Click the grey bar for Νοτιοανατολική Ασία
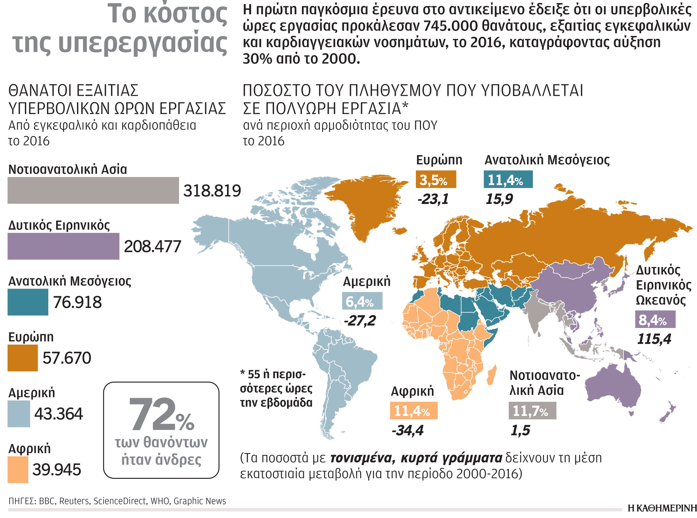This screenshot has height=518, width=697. [x=93, y=190]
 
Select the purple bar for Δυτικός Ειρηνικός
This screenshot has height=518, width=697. [x=63, y=246]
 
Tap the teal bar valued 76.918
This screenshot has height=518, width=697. [x=28, y=302]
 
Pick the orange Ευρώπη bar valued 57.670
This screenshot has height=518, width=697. [x=22, y=358]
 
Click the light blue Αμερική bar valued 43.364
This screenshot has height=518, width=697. [x=19, y=414]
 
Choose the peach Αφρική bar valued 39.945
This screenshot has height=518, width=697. [x=18, y=470]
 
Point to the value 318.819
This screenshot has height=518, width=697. [x=212, y=191]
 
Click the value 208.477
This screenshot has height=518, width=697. [x=152, y=247]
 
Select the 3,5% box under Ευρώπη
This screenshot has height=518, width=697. [x=436, y=179]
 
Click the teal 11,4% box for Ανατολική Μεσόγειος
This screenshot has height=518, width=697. [x=508, y=179]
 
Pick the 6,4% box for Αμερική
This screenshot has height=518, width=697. [x=362, y=301]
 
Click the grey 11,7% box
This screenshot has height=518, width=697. [x=532, y=410]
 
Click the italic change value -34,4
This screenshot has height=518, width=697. [x=408, y=430]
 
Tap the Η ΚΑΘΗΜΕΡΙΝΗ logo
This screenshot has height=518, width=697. [x=662, y=508]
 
